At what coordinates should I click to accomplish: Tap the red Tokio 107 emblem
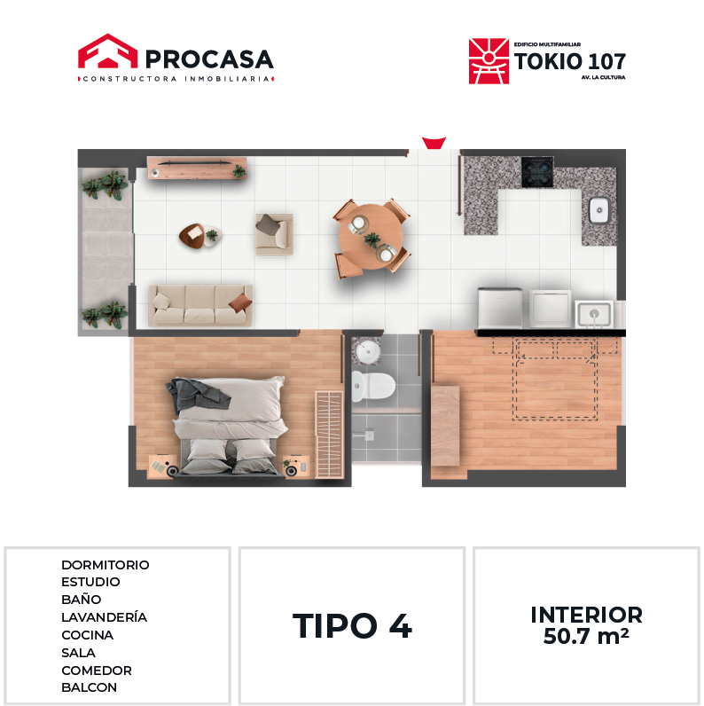click(x=489, y=61)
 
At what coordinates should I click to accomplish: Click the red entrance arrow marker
click(x=434, y=143)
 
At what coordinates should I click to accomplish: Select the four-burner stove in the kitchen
click(x=537, y=172)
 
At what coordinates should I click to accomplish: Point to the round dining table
click(x=371, y=237)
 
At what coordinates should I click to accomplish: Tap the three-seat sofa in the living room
click(x=200, y=305)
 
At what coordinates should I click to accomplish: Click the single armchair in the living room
click(x=274, y=234)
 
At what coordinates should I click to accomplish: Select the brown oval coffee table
click(x=192, y=235)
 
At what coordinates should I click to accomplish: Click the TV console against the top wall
click(x=197, y=168)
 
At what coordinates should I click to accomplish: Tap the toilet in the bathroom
click(x=373, y=386)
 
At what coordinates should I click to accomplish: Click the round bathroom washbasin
click(x=368, y=352)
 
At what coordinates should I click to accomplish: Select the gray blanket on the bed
click(x=196, y=394)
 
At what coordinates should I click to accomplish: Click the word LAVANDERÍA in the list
click(x=104, y=616)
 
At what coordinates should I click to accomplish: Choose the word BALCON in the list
click(x=90, y=687)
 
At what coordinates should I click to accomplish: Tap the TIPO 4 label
click(x=352, y=626)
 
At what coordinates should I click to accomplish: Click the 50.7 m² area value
click(x=586, y=636)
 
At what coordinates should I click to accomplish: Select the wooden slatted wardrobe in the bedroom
click(x=329, y=435)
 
